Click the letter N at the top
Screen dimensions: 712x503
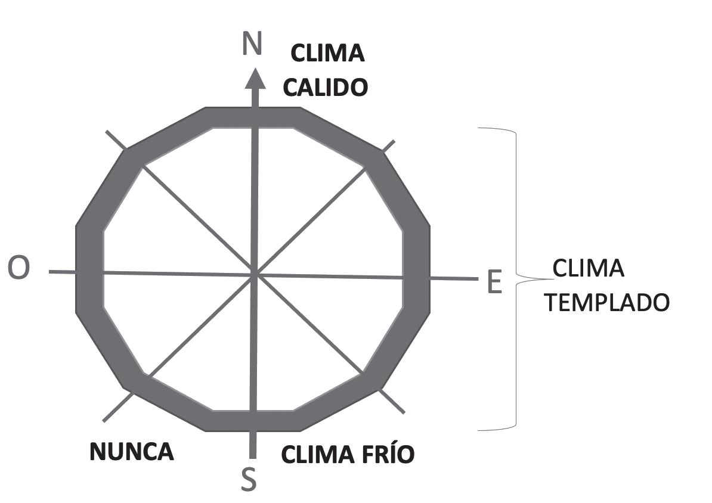pyautogui.click(x=252, y=45)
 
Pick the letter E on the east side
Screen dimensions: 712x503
pyautogui.click(x=494, y=282)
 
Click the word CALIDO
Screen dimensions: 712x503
pyautogui.click(x=325, y=88)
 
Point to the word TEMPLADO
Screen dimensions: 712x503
pyautogui.click(x=608, y=303)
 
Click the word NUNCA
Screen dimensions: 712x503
pyautogui.click(x=132, y=452)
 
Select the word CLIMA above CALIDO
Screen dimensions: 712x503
pyautogui.click(x=327, y=54)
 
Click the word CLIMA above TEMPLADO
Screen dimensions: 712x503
pyautogui.click(x=589, y=269)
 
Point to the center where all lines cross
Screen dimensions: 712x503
pyautogui.click(x=255, y=275)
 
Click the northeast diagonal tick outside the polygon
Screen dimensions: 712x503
pyautogui.click(x=389, y=145)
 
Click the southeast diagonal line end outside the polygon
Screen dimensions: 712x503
pyautogui.click(x=401, y=409)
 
